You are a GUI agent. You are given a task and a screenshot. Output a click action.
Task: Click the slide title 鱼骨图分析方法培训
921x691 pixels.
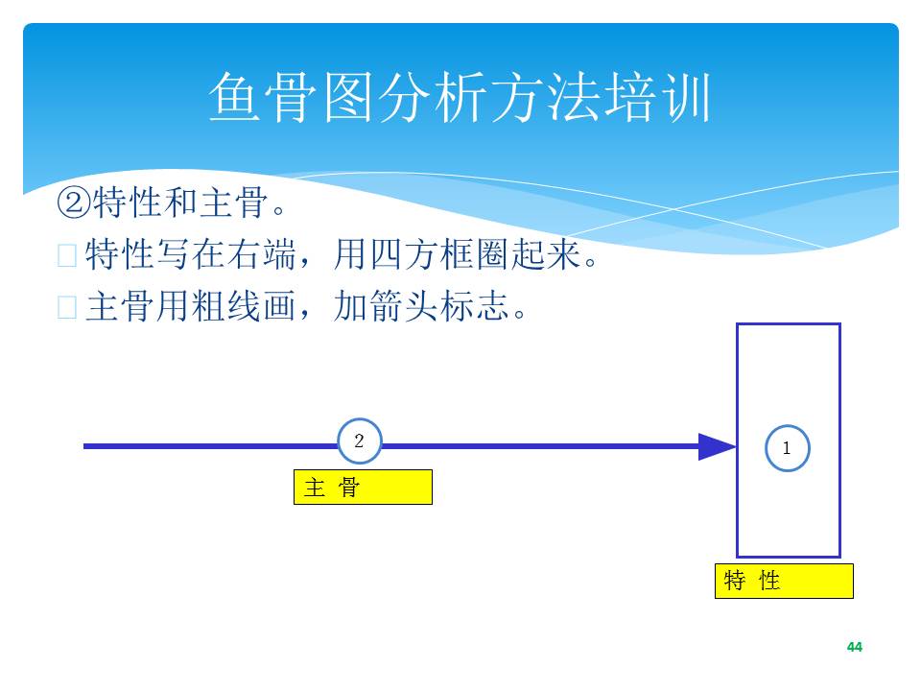(460, 98)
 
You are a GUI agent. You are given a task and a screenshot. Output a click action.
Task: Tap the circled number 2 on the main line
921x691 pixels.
(360, 441)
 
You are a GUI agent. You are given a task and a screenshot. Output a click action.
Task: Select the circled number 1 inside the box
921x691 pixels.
(787, 448)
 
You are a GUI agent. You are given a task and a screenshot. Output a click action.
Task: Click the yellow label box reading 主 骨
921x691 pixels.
(363, 488)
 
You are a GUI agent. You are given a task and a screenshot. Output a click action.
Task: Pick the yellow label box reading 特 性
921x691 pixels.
(784, 582)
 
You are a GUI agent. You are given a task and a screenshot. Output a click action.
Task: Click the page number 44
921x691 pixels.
(855, 647)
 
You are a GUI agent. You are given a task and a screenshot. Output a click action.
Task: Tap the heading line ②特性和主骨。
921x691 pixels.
(171, 203)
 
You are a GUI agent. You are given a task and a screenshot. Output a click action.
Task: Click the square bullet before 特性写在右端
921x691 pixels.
(67, 255)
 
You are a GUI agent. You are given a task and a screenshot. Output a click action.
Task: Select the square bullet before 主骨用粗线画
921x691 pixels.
(67, 307)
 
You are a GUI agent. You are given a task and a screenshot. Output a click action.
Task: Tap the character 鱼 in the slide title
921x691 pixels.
(234, 98)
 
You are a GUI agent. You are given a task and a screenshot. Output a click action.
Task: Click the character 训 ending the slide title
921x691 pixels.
(686, 98)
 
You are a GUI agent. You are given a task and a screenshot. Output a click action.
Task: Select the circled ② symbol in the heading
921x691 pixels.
(74, 203)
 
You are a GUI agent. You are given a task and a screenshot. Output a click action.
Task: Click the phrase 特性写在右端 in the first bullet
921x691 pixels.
(190, 254)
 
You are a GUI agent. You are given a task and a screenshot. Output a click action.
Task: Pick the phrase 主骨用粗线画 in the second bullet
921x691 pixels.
(190, 306)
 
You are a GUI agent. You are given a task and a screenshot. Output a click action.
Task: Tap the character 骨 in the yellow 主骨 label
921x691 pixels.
(348, 488)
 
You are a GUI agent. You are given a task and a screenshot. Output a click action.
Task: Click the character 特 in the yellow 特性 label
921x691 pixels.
(735, 581)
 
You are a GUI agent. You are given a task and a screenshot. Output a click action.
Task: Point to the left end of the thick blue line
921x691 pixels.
(84, 446)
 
